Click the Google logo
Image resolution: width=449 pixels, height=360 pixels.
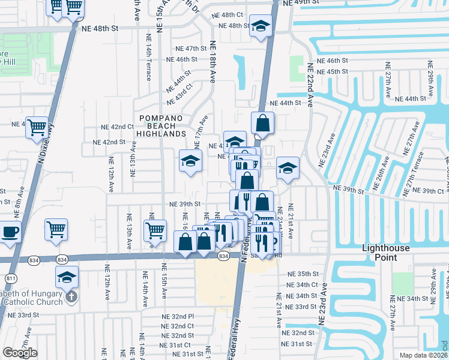coord(20,353)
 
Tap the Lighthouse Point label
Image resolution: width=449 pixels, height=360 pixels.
coord(386,253)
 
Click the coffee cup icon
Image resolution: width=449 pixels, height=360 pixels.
coord(10,232)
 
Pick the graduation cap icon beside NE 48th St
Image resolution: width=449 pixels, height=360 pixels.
coord(260,27)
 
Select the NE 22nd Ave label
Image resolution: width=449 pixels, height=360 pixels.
coord(310,85)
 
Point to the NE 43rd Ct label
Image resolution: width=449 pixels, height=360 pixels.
coord(180,94)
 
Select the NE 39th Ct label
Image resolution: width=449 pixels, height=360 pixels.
coord(424,191)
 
